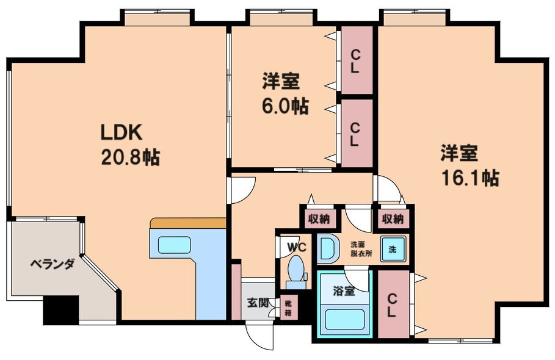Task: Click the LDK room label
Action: pos(122,132)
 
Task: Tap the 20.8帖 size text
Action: pos(130,157)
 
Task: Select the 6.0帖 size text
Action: pos(285,106)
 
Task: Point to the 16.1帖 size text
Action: pos(470,178)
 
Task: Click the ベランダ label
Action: pos(52,264)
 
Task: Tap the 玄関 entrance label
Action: pos(258,303)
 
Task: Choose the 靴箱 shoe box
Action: pos(288,308)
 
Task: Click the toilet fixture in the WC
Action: pos(296,272)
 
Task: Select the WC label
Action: pos(297,247)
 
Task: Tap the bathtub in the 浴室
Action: pos(345,320)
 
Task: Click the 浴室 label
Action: pos(344,291)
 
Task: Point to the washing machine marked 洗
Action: pos(393,249)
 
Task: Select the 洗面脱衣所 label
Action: pos(361,248)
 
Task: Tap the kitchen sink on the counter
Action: pos(174,245)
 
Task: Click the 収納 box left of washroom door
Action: pos(319,219)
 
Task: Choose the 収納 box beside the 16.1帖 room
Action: pos(393,219)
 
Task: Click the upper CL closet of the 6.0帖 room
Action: pos(357,60)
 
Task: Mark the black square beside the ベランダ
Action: pos(61,309)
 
